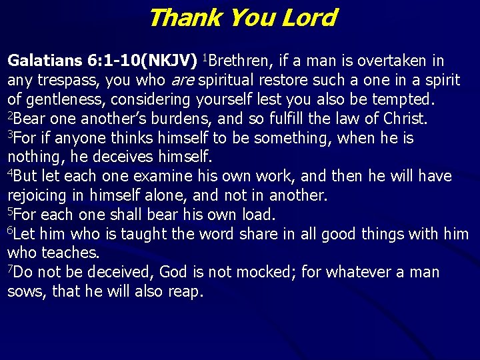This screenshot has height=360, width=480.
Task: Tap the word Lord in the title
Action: pyautogui.click(x=309, y=17)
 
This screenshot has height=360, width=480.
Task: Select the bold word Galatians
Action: pyautogui.click(x=44, y=61)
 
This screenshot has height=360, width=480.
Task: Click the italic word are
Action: pyautogui.click(x=185, y=81)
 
